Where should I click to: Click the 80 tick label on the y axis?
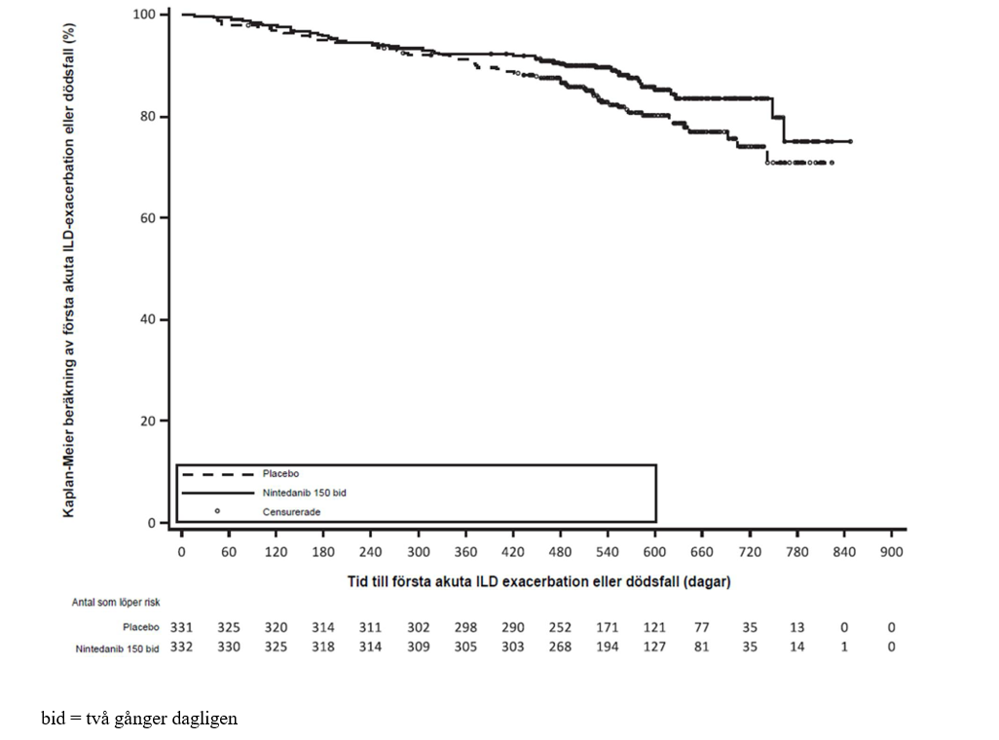coord(149,117)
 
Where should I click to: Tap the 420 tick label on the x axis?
coord(513,552)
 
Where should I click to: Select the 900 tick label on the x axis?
coord(891,552)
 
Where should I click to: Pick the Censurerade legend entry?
coord(290,511)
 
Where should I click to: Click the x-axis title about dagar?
coord(538,582)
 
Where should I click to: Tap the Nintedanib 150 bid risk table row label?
coord(118,647)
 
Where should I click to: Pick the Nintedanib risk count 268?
coord(560,647)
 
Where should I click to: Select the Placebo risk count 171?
coord(608,628)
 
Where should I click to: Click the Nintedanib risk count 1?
coord(844,647)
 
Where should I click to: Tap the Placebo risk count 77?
coord(702,628)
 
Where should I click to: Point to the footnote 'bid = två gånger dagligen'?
coord(139,719)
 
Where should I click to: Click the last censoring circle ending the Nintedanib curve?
coord(850,141)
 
